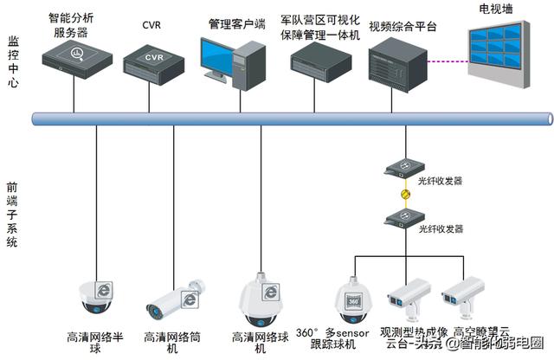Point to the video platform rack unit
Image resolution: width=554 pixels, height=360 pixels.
pos(397,63)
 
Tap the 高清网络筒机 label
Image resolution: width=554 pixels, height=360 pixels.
pos(173,342)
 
